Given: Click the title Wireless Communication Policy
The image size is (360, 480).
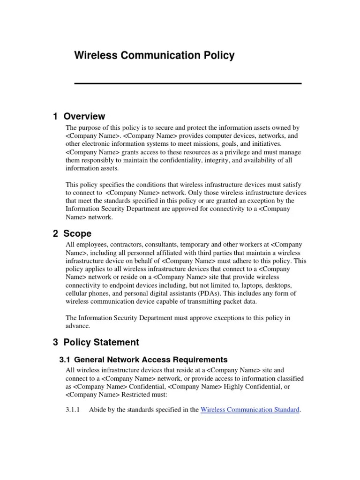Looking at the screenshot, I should click(154, 56).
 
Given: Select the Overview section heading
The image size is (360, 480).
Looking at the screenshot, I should click(79, 116).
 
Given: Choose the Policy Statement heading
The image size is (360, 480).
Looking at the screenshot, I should click(96, 342).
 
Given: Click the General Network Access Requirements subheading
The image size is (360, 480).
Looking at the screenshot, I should click(143, 360).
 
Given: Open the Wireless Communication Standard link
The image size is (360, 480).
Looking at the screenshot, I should click(250, 410).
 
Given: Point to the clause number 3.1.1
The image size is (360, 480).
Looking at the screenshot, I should click(73, 410).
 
